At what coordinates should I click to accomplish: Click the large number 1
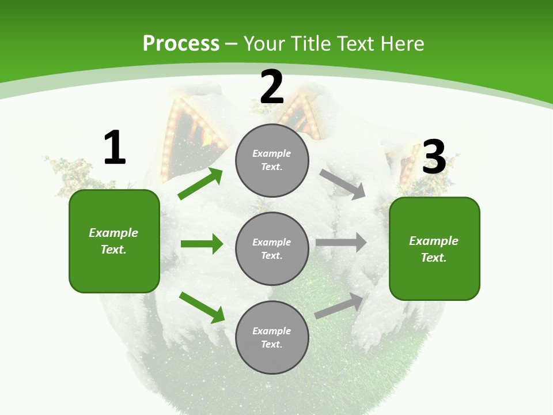(x=115, y=148)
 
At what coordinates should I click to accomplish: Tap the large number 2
(x=272, y=87)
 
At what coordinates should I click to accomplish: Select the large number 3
(x=434, y=157)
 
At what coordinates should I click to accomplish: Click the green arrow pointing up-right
(x=200, y=184)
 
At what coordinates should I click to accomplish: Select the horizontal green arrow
(x=202, y=244)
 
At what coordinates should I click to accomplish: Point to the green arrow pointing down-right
(x=202, y=307)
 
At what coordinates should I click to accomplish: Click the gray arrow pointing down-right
(x=342, y=184)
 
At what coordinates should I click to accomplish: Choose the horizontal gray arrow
(x=341, y=243)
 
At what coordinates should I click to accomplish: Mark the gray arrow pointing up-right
(x=339, y=306)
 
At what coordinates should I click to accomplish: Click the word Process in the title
(x=181, y=44)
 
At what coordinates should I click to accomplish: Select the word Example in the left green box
(x=113, y=233)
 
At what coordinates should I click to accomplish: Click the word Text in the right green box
(x=433, y=258)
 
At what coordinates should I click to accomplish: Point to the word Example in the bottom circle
(x=272, y=331)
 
